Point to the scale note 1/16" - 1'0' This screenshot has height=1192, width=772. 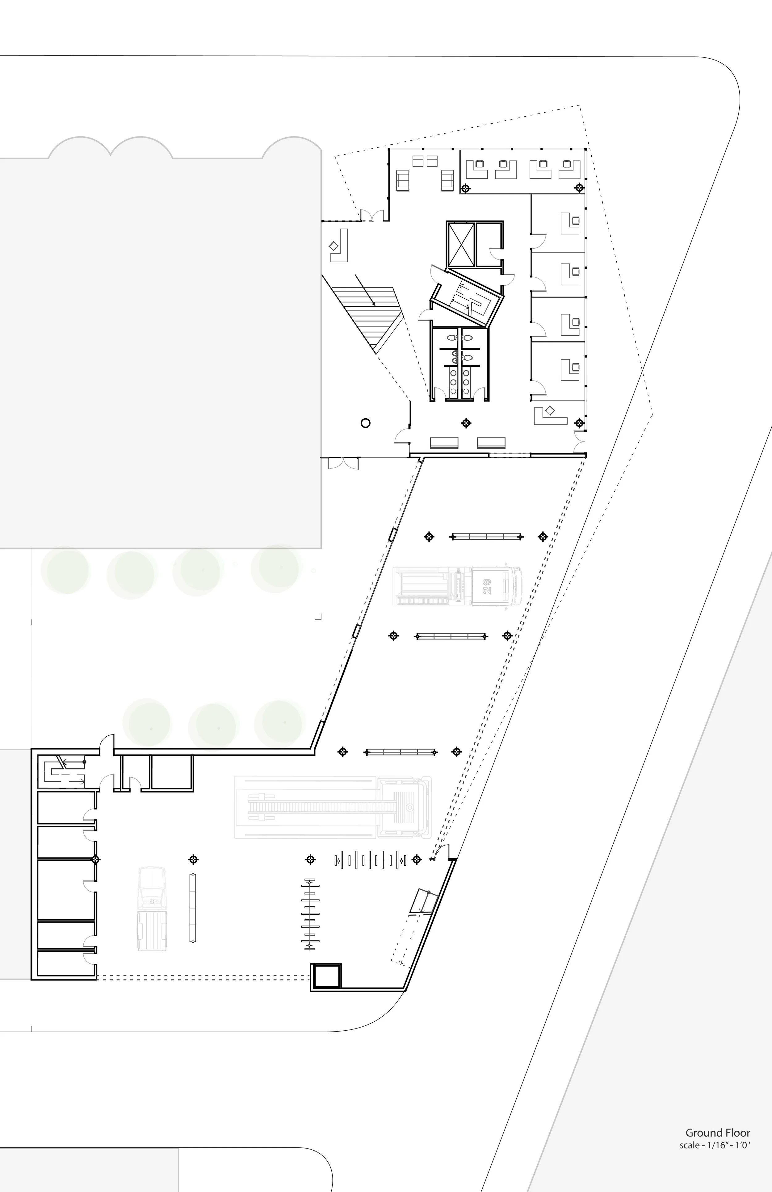(x=714, y=1131)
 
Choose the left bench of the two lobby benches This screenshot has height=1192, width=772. (x=444, y=443)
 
